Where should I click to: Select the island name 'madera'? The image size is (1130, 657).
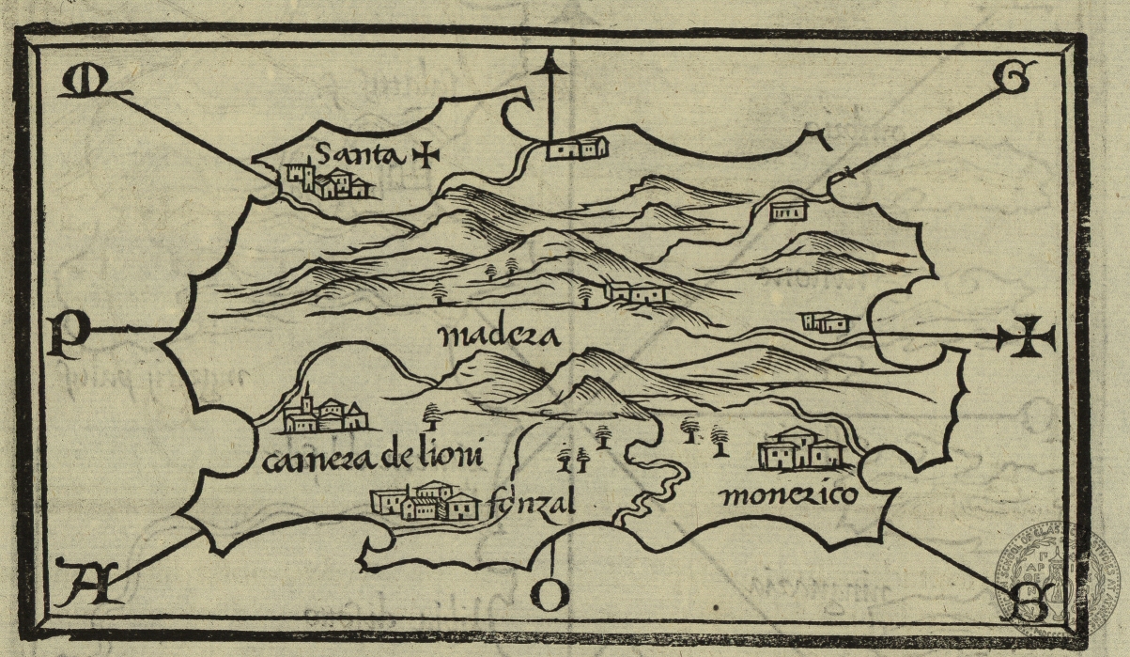[498, 336]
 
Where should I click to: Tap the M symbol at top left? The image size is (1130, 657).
[81, 83]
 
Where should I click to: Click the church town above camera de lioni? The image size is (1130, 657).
[322, 413]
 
